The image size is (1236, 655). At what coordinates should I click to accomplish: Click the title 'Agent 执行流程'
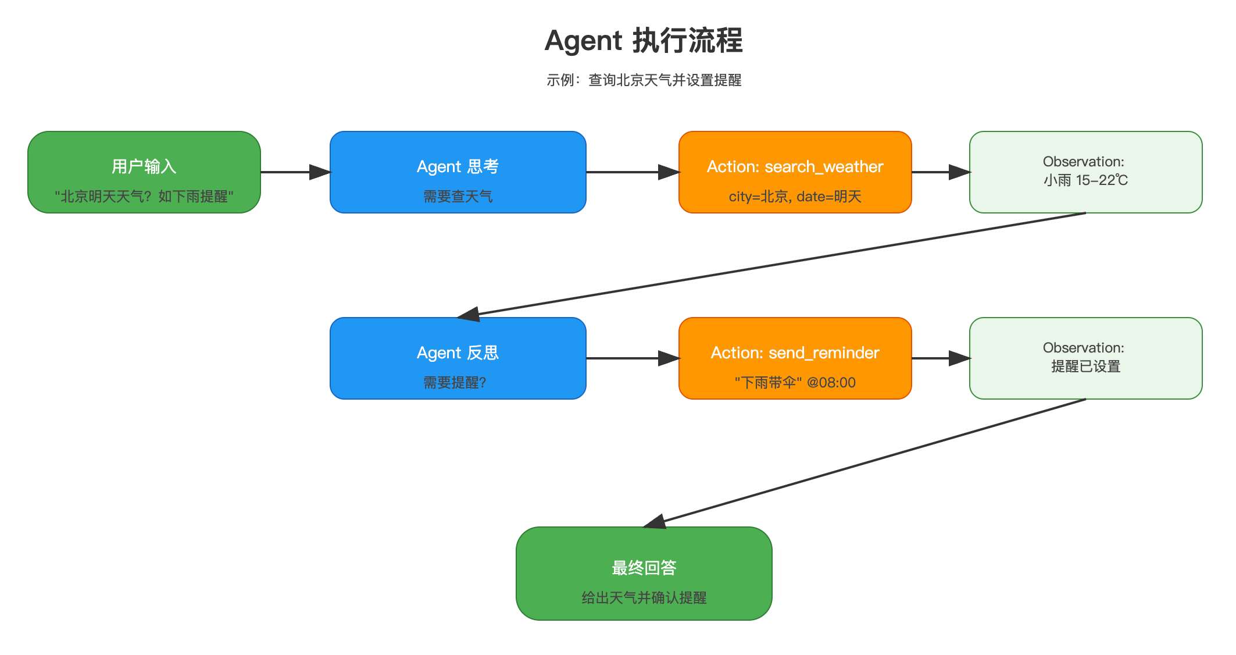(644, 41)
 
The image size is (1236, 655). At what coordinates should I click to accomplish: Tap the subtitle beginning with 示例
(644, 80)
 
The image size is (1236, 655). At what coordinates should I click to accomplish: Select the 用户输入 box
(144, 172)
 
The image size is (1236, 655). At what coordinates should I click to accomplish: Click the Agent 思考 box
(458, 172)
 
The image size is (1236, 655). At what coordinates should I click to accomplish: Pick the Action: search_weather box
(795, 172)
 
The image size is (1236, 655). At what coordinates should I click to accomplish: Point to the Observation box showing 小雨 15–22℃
(1085, 172)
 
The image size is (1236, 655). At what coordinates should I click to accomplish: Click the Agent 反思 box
(458, 358)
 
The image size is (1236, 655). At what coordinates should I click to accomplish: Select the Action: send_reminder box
(795, 358)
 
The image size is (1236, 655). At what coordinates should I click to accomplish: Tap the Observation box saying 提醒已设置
(1085, 358)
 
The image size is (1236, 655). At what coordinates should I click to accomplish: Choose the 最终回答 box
(644, 574)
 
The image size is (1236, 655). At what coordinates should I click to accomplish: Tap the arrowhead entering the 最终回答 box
(656, 522)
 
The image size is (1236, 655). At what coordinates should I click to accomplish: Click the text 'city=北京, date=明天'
(795, 197)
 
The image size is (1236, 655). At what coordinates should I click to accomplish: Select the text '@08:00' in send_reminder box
(831, 383)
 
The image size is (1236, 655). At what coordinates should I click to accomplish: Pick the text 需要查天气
(458, 197)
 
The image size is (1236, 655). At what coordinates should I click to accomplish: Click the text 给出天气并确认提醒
(644, 598)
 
